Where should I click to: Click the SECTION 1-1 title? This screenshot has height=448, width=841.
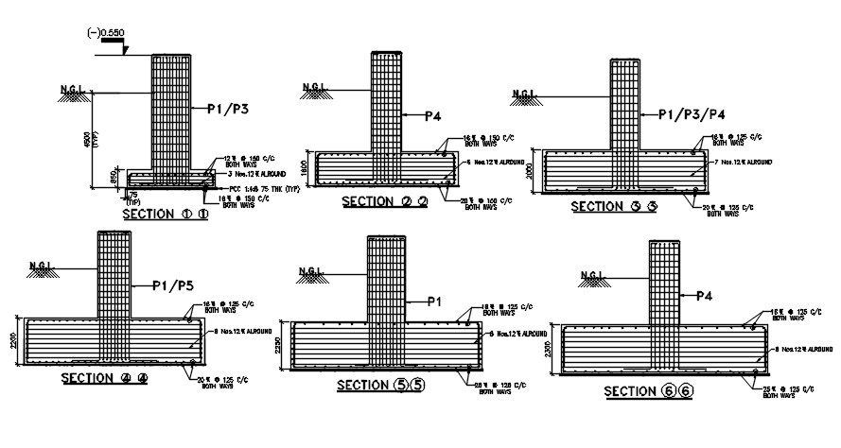[x=165, y=215]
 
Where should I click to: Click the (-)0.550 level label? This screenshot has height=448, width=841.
[x=105, y=32]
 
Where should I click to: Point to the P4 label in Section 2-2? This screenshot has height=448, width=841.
[x=432, y=116]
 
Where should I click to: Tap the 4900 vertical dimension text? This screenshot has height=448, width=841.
[x=86, y=140]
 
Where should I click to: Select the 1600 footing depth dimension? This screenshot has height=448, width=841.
[x=305, y=166]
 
